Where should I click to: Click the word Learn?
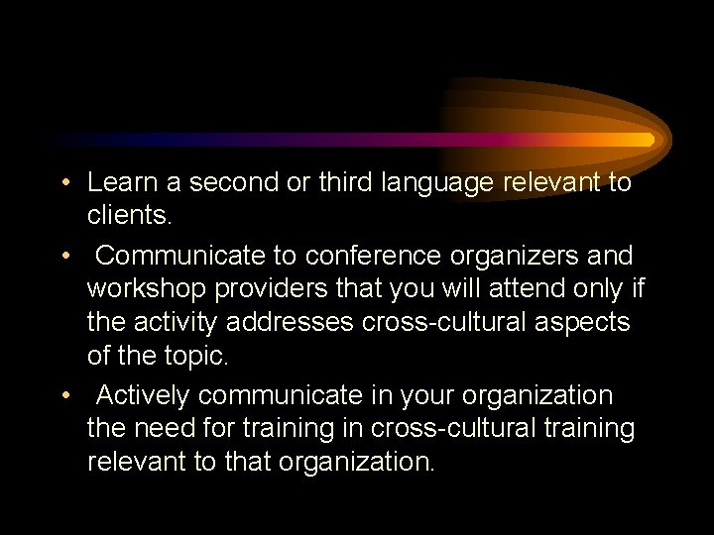[122, 183]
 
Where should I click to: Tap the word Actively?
[143, 395]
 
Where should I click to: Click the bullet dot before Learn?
[64, 184]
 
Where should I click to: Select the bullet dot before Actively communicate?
[64, 396]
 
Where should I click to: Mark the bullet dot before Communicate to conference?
[64, 257]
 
